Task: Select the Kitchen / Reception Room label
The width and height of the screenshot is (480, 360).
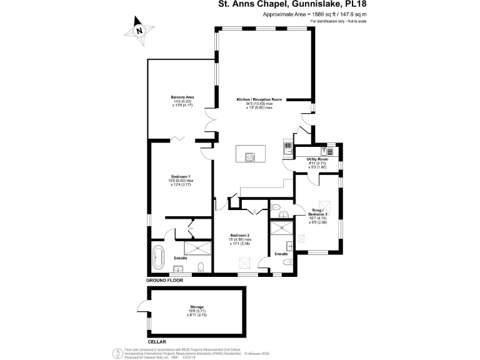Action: [259, 100]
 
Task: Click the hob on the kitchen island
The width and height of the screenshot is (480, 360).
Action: [250, 157]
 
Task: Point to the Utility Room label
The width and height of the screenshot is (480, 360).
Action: [317, 159]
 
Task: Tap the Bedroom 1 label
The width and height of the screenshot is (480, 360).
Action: [181, 177]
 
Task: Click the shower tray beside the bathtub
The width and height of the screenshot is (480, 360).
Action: [192, 250]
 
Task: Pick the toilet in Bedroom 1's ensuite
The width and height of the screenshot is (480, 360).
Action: [200, 268]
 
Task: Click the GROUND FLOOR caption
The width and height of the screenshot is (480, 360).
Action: [164, 281]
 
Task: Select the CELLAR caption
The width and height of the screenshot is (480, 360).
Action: [157, 342]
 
